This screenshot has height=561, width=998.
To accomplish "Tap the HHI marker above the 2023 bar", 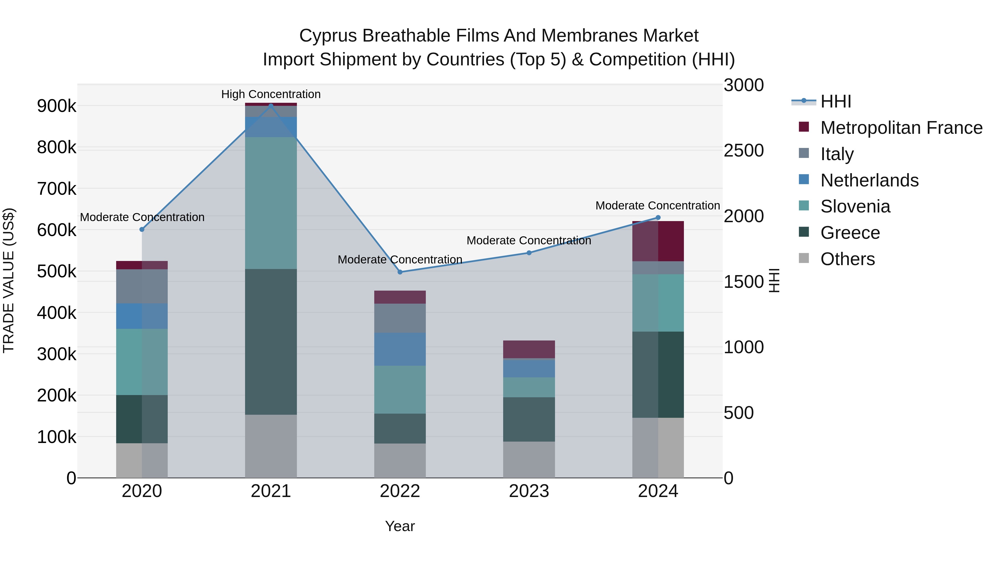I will [529, 253].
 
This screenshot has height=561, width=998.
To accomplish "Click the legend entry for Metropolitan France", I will [901, 128].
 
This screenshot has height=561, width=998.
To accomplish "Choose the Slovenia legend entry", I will [855, 206].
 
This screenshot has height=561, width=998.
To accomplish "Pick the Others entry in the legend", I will [847, 259].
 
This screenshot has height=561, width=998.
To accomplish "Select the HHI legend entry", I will [836, 101].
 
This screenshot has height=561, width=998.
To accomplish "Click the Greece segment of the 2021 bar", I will [271, 342].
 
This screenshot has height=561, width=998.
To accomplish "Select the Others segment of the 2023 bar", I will [529, 460].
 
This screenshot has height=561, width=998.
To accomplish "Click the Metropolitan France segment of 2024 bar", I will [658, 241].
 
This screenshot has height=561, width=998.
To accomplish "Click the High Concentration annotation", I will [271, 94].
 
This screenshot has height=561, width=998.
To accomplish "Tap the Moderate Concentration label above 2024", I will [658, 206].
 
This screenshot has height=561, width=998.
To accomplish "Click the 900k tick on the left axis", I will [57, 106].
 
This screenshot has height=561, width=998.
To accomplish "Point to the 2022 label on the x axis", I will [400, 491].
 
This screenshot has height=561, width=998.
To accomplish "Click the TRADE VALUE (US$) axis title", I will [9, 280].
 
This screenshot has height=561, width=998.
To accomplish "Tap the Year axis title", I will [400, 526].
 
